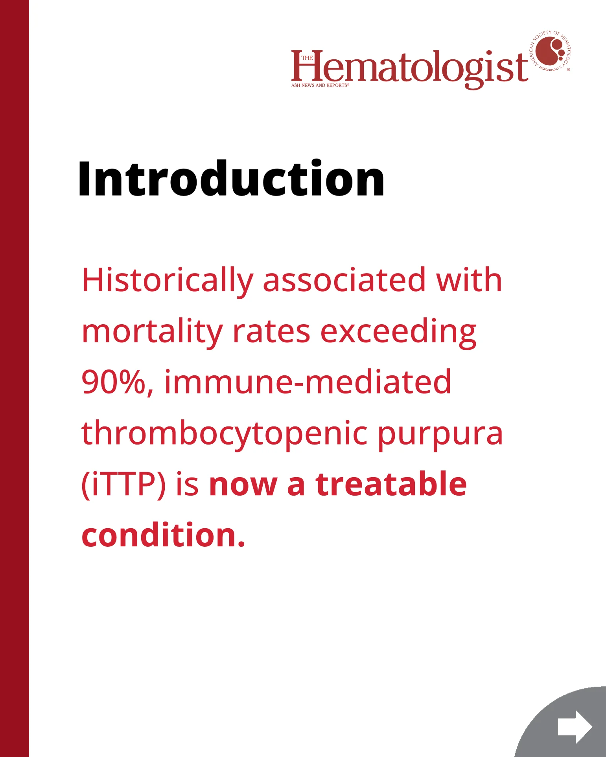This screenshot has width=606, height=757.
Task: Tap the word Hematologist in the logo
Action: pyautogui.click(x=409, y=68)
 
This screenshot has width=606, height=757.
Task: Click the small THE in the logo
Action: pyautogui.click(x=307, y=58)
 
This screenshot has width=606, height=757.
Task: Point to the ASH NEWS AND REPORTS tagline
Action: pyautogui.click(x=320, y=85)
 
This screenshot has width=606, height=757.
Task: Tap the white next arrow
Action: pyautogui.click(x=575, y=727)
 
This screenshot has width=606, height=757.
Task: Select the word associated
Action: pyautogui.click(x=344, y=280)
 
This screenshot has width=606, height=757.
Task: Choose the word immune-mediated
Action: pyautogui.click(x=308, y=382)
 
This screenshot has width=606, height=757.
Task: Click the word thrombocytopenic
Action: pyautogui.click(x=224, y=434)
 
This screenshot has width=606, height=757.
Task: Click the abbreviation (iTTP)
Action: pyautogui.click(x=123, y=485)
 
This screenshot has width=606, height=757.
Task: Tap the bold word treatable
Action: pyautogui.click(x=391, y=484)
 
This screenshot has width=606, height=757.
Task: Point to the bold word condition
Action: pyautogui.click(x=163, y=535)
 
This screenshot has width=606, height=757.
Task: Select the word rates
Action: pyautogui.click(x=272, y=331)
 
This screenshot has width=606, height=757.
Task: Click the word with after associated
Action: pyautogui.click(x=469, y=280)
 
